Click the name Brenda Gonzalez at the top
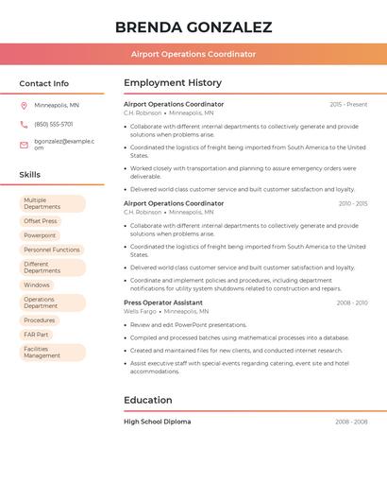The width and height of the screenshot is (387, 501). coord(193,27)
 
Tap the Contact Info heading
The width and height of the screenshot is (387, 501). coord(44,83)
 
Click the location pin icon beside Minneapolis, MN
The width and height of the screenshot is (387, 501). coord(24,105)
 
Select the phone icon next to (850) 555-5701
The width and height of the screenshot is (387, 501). coord(24,124)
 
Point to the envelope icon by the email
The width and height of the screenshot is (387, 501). coord(24,145)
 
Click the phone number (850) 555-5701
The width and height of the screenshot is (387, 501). coord(54,124)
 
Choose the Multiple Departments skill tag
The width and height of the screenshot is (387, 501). coord(52,203)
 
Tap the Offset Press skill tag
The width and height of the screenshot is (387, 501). coord(41,221)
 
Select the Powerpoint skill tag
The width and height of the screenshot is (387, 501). coord(40,235)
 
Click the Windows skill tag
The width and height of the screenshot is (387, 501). coord(37,285)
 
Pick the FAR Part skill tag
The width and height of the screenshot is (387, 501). coord(37,335)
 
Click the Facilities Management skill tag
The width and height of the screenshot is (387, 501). coord(52,353)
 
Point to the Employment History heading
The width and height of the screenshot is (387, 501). coord(173,83)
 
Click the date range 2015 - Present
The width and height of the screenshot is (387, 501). coord(348,104)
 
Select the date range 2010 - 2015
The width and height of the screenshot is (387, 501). coord(352,203)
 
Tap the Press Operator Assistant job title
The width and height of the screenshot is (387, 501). coord(163,302)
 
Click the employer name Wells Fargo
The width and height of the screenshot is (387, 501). coord(140,311)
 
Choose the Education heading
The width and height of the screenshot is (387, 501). coord(147,400)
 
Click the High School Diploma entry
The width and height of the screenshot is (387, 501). coord(157,422)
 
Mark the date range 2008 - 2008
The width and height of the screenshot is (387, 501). coord(351,422)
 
